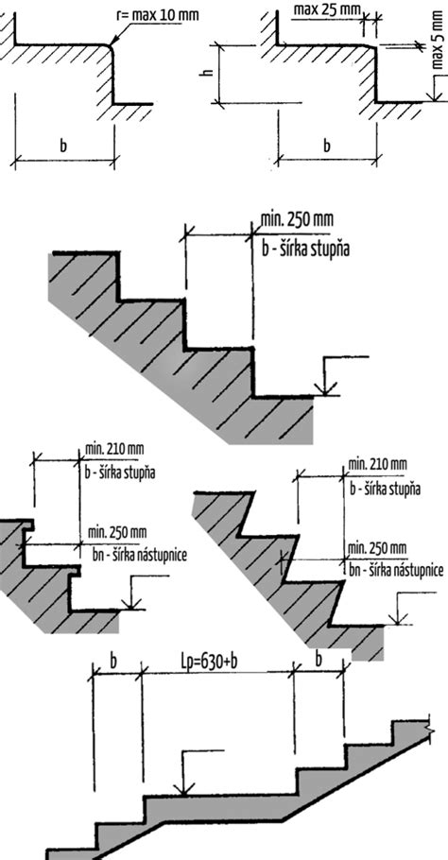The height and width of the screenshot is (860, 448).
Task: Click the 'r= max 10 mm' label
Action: [158, 14]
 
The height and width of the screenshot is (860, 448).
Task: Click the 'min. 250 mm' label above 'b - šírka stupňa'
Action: [297, 220]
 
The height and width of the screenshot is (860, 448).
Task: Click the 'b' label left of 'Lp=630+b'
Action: [113, 662]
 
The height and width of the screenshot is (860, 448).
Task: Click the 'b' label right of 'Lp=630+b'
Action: [319, 661]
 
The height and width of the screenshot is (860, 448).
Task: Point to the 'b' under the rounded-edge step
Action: [63, 146]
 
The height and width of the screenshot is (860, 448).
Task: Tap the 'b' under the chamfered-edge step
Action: [327, 146]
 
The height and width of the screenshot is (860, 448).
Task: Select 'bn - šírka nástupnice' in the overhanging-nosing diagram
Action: [141, 555]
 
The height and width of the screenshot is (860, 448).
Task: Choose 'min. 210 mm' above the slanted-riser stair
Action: [377, 465]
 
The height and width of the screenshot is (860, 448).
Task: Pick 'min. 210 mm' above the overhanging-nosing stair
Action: [114, 450]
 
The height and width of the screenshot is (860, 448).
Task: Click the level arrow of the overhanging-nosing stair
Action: [144, 593]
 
